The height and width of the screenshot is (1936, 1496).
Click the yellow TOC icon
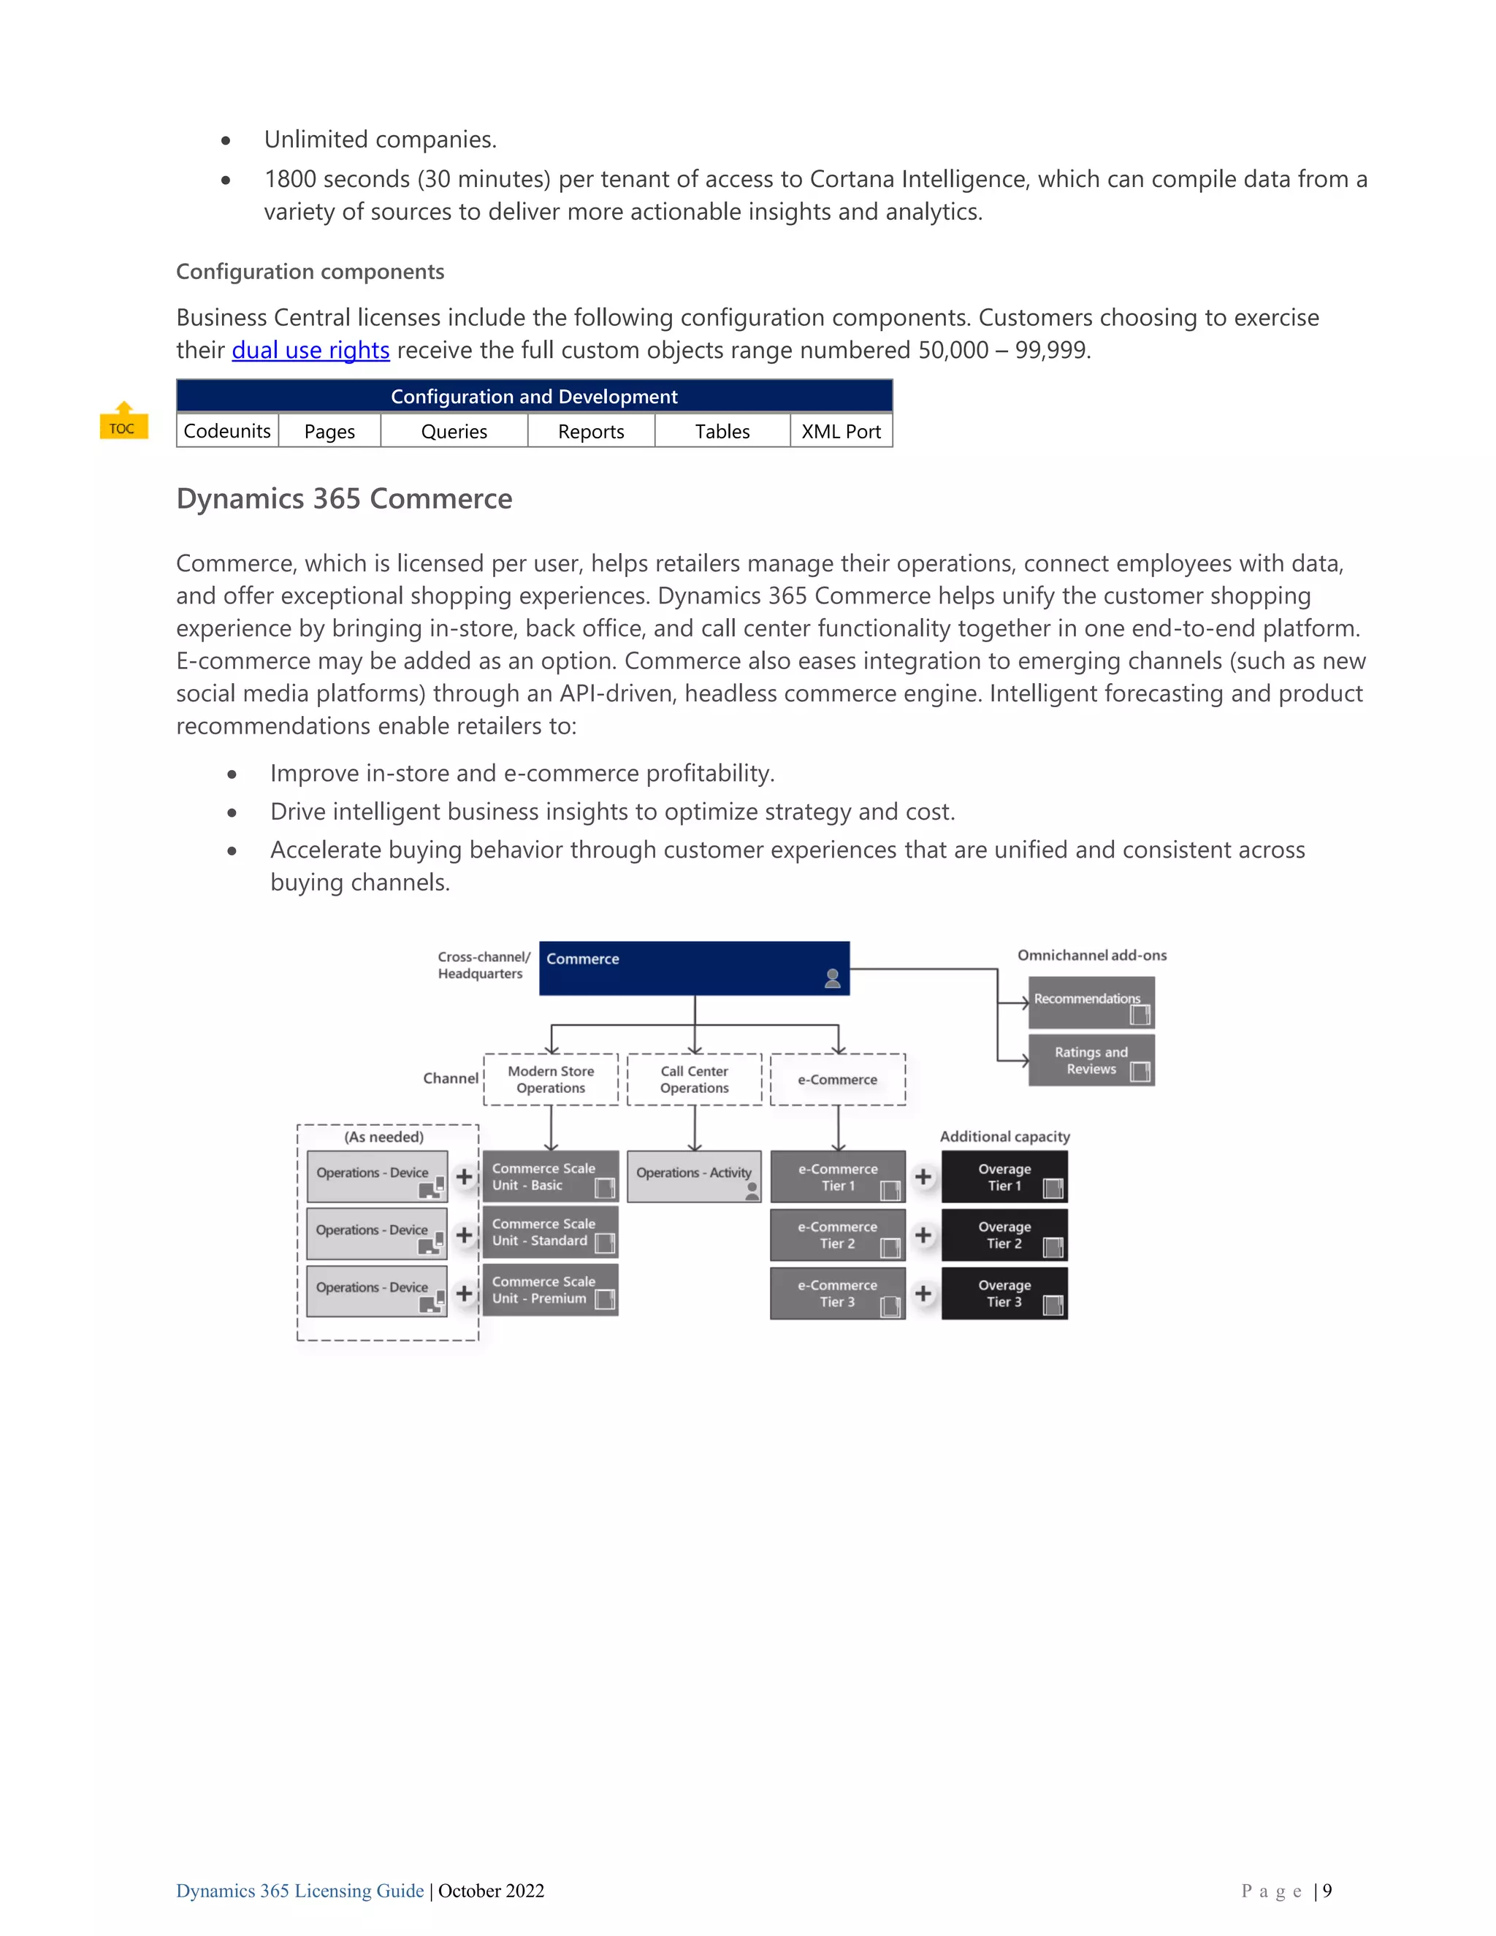tap(123, 422)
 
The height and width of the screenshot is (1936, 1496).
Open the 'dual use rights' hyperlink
tap(310, 350)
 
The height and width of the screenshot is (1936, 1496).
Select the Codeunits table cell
tap(227, 432)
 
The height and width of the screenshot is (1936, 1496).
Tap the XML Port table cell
tap(841, 432)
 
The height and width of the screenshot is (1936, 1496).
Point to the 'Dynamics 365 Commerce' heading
tap(344, 498)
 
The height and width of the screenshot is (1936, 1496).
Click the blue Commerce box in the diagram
tap(694, 968)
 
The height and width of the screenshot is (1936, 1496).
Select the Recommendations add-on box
tap(1091, 1002)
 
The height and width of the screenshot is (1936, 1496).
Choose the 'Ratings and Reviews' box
tap(1091, 1060)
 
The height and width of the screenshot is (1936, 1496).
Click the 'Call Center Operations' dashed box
tap(694, 1080)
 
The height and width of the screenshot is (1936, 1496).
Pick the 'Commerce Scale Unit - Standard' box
tap(550, 1232)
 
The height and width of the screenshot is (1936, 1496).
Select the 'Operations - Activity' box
tap(694, 1175)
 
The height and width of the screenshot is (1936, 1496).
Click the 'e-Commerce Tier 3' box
tap(838, 1293)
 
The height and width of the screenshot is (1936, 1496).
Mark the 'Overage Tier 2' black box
tap(1004, 1235)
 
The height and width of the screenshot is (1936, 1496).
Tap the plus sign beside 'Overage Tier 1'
tap(923, 1176)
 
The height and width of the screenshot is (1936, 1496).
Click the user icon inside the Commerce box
tap(832, 979)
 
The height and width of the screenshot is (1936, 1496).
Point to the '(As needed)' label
tap(383, 1137)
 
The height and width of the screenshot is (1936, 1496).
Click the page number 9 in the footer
tap(1327, 1891)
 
